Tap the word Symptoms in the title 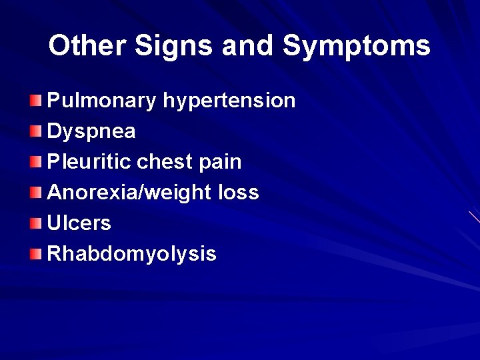(x=357, y=46)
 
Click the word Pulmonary (x=102, y=101)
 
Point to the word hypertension (x=229, y=101)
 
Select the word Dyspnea (x=91, y=131)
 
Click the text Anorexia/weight (x=129, y=193)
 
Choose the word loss (x=239, y=193)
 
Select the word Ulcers (x=79, y=223)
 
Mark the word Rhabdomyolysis (x=132, y=254)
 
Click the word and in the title (x=248, y=46)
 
